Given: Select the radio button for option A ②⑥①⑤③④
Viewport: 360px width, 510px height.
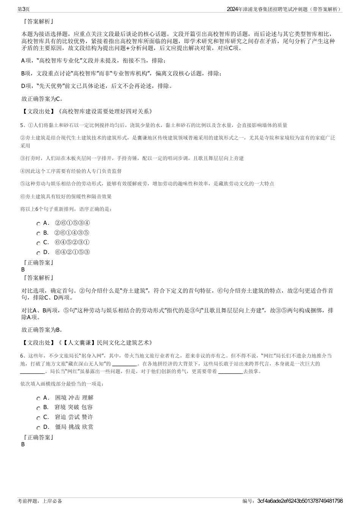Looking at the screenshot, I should pyautogui.click(x=39, y=224).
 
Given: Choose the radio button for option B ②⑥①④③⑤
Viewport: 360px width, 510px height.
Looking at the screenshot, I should pyautogui.click(x=39, y=234).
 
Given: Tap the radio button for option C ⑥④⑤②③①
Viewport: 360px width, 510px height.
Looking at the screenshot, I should pyautogui.click(x=39, y=243).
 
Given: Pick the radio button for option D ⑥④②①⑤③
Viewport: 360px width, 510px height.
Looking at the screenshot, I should pyautogui.click(x=39, y=253).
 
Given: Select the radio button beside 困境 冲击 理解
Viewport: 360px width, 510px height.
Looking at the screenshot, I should pyautogui.click(x=39, y=399).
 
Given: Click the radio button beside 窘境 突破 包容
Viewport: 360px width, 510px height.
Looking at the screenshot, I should pyautogui.click(x=39, y=408).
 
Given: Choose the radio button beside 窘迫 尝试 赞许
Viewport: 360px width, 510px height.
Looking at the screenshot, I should pyautogui.click(x=39, y=418).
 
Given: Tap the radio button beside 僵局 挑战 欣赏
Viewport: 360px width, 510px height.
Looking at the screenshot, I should pyautogui.click(x=39, y=427).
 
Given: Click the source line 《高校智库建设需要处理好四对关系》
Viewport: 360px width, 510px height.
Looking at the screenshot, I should pyautogui.click(x=105, y=111).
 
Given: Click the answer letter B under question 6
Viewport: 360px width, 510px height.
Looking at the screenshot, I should pyautogui.click(x=23, y=444).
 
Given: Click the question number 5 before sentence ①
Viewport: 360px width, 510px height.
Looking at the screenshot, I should pyautogui.click(x=22, y=125).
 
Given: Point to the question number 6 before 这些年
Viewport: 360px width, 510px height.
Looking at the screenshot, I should pyautogui.click(x=22, y=356).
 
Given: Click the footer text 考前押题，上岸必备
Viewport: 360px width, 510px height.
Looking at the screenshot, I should pyautogui.click(x=40, y=501).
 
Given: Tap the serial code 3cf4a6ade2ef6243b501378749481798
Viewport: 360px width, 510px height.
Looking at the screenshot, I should pyautogui.click(x=300, y=501).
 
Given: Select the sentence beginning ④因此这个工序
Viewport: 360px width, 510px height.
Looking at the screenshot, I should pyautogui.click(x=71, y=171).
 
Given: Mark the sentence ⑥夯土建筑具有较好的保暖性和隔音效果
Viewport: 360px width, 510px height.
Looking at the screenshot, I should pyautogui.click(x=66, y=196).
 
